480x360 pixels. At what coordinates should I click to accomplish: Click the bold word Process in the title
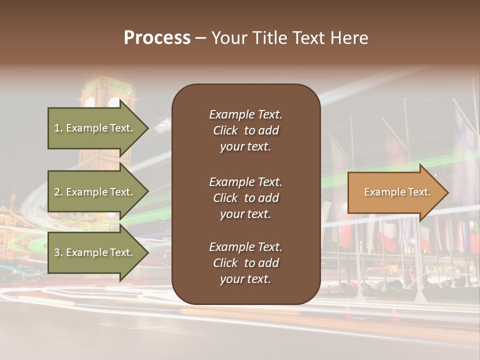click(157, 38)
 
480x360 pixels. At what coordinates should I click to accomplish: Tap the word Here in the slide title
click(349, 38)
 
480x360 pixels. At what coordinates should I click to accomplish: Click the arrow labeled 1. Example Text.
click(95, 128)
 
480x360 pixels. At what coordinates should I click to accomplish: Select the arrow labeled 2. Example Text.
click(95, 192)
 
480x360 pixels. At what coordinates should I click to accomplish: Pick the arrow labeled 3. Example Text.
click(95, 252)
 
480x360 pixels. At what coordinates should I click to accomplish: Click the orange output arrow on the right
click(395, 192)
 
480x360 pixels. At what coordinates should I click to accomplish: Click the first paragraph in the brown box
click(245, 130)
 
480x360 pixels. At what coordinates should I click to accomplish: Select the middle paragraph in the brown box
click(245, 198)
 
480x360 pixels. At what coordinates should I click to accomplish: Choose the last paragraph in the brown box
click(245, 263)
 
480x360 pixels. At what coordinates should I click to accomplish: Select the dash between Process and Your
click(200, 38)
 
